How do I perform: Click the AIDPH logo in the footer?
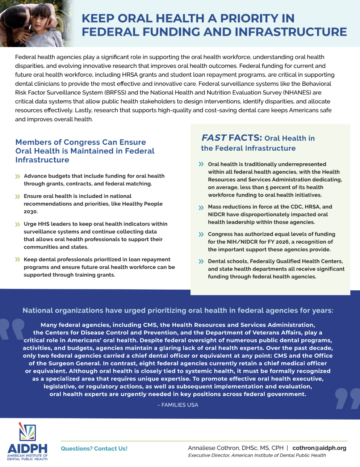tap(28, 441)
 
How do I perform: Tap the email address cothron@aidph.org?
tap(319, 448)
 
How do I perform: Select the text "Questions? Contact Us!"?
tap(94, 449)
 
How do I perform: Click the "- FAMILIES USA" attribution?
tap(178, 405)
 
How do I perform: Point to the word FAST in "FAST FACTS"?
tap(214, 138)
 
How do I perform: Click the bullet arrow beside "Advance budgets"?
tap(17, 176)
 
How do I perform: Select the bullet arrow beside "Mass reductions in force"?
tap(201, 207)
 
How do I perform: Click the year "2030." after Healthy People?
tap(31, 212)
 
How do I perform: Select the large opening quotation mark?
tap(12, 329)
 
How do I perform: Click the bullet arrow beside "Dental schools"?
tap(201, 261)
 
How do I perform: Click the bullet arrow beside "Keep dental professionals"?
tap(17, 260)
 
